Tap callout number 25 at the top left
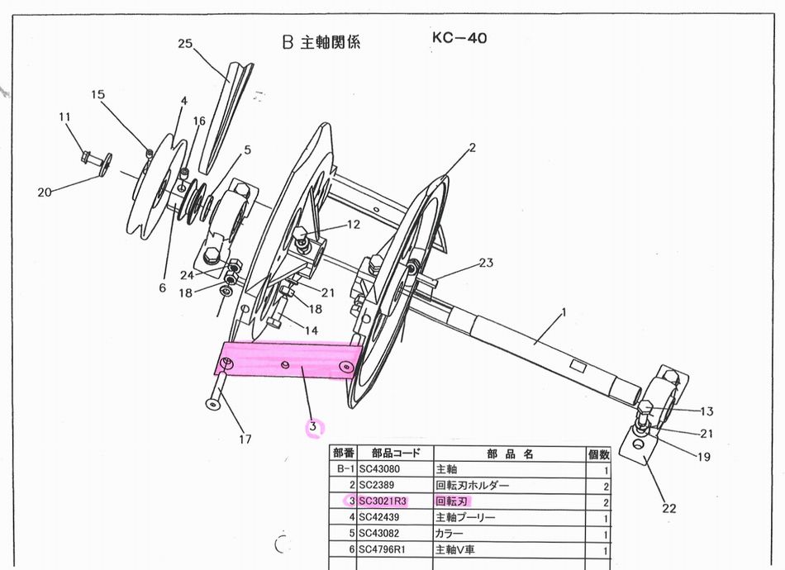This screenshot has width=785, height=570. tap(185, 44)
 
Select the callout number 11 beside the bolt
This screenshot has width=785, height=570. tap(65, 117)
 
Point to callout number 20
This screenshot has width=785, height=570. tap(45, 192)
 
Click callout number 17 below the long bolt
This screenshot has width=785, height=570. tap(245, 439)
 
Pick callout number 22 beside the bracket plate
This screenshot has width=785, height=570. tap(668, 508)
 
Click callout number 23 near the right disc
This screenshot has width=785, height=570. tap(486, 264)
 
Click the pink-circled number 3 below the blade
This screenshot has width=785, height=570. tap(312, 427)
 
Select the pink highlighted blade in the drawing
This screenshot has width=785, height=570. tap(289, 360)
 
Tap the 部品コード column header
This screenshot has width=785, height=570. tap(391, 453)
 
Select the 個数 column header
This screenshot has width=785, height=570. tap(599, 453)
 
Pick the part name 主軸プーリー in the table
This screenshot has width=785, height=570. tap(465, 517)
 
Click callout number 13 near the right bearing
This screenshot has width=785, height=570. tap(706, 411)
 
